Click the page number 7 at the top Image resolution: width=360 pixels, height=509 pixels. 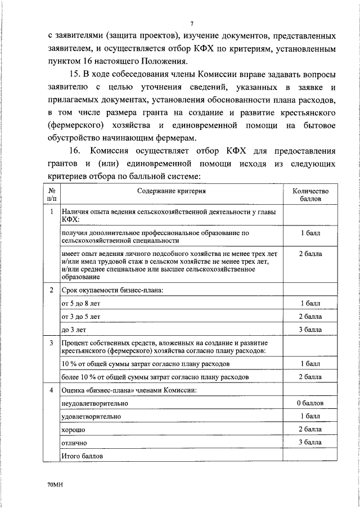[x=191, y=23]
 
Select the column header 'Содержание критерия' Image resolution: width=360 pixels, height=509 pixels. [x=172, y=191]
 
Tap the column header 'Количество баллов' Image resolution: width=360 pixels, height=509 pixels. [x=310, y=195]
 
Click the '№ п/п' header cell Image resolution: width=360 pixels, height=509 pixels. [x=51, y=195]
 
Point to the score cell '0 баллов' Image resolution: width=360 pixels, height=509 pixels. [x=310, y=404]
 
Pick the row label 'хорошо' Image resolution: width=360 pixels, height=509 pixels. [x=74, y=430]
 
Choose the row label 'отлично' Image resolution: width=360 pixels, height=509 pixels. [x=75, y=443]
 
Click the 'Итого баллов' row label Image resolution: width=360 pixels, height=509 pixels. [x=83, y=456]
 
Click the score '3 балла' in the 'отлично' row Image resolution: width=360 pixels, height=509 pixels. [x=310, y=443]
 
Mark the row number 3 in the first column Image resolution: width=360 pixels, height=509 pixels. [x=51, y=343]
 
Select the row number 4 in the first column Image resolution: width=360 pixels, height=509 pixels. [x=51, y=391]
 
